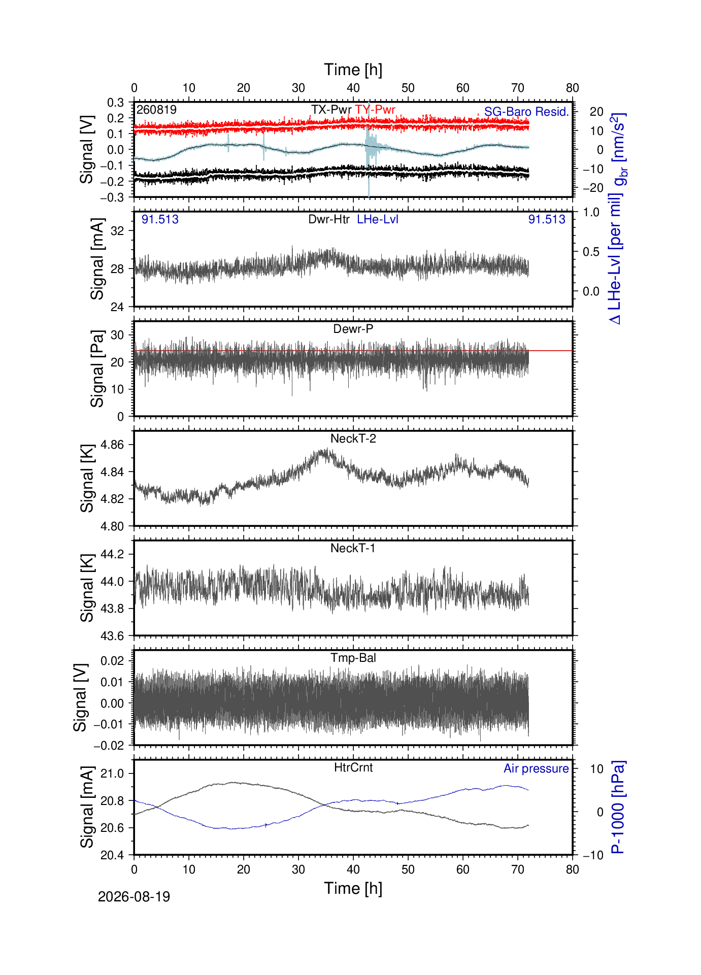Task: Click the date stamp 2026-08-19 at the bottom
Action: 134,897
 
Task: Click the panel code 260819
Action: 156,110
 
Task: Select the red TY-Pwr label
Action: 375,110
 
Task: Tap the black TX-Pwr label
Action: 331,110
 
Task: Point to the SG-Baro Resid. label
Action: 526,112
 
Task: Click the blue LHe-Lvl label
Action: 378,219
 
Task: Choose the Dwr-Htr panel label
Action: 329,219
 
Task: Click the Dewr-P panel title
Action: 353,329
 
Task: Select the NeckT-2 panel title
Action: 353,439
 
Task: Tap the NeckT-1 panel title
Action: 353,548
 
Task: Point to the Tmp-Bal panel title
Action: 353,658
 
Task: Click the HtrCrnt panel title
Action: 353,767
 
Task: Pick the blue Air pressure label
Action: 536,768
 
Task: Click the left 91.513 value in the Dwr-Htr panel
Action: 160,219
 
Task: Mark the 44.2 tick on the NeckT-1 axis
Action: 112,554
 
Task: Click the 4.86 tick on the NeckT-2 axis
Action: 112,445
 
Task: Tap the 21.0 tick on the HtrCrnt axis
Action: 112,774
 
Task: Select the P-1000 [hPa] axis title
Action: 618,807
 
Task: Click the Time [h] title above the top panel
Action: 353,70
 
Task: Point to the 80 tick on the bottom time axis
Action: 573,869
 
